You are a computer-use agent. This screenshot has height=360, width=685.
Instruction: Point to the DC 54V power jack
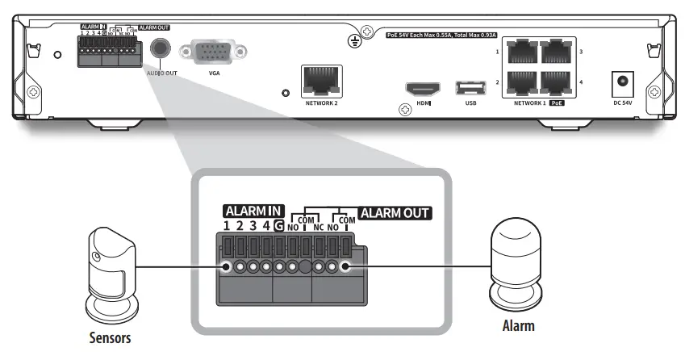[x=622, y=82]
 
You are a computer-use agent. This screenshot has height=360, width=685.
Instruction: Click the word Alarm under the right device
[x=516, y=328]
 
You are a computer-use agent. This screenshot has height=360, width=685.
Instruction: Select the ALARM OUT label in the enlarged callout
[x=395, y=214]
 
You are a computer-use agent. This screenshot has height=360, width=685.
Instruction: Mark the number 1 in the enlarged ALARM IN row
[x=228, y=227]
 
